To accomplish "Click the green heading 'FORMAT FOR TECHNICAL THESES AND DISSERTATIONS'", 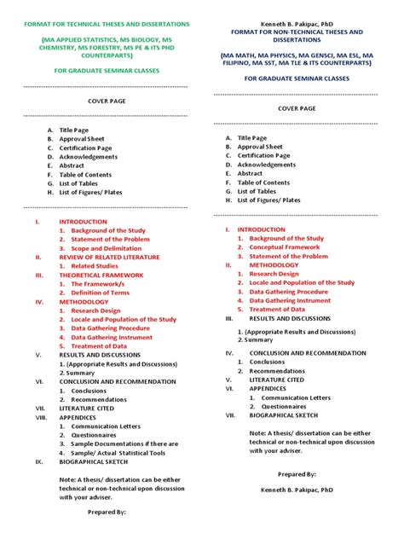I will click(107, 25).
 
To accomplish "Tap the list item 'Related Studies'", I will click(95, 266).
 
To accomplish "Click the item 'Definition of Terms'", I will click(101, 293).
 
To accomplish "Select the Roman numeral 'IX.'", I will click(38, 461).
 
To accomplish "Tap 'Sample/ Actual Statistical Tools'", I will click(118, 453).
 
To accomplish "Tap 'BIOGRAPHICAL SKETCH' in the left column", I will click(95, 461).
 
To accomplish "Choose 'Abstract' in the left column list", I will click(72, 166).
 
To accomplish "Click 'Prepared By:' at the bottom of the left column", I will click(107, 513).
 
